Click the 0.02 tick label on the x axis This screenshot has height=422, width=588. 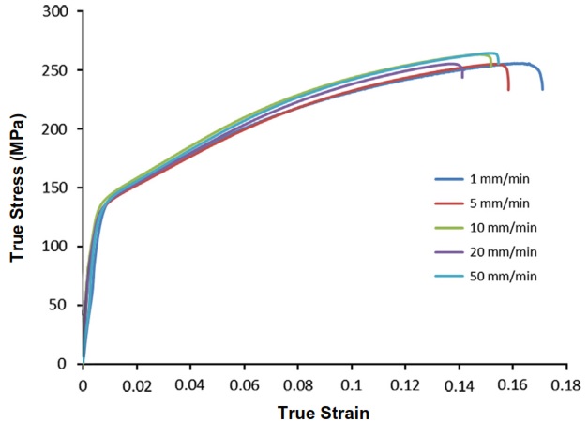click(136, 384)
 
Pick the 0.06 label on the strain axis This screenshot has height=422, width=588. click(244, 384)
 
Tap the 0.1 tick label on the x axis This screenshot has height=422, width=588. click(352, 384)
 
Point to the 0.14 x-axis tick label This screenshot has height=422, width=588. click(460, 384)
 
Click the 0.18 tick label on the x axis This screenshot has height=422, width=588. click(566, 384)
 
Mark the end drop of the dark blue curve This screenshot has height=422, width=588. click(542, 83)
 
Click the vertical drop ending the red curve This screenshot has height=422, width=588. click(508, 80)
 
